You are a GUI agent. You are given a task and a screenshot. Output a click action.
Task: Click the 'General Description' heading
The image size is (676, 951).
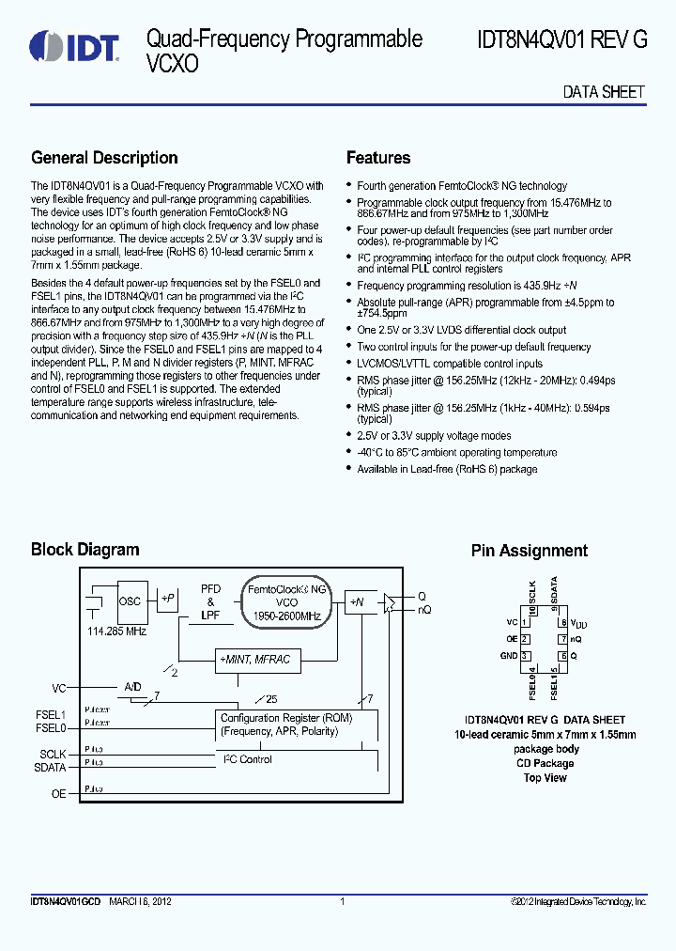(x=104, y=158)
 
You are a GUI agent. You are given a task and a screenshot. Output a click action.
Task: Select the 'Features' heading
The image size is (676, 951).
(x=378, y=158)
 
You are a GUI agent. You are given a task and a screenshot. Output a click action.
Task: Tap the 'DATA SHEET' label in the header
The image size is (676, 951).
(x=604, y=92)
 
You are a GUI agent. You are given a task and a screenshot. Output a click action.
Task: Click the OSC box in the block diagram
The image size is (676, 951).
(x=130, y=601)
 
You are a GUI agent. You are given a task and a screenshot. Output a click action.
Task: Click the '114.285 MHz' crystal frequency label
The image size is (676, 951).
(x=116, y=631)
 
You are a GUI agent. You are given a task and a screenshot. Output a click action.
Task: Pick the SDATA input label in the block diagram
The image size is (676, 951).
(x=51, y=767)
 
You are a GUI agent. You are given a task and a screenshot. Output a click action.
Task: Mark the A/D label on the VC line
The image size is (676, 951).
(x=132, y=687)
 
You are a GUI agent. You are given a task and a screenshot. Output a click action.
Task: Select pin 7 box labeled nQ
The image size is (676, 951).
(x=562, y=639)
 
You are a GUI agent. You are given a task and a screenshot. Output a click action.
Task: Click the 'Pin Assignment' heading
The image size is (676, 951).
(x=529, y=551)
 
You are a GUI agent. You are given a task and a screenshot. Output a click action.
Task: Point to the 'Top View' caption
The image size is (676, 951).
(x=545, y=778)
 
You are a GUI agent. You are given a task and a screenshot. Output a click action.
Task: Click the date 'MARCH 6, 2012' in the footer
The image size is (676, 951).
(x=140, y=902)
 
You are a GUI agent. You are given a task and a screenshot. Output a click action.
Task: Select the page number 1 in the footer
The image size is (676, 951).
(x=342, y=902)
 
